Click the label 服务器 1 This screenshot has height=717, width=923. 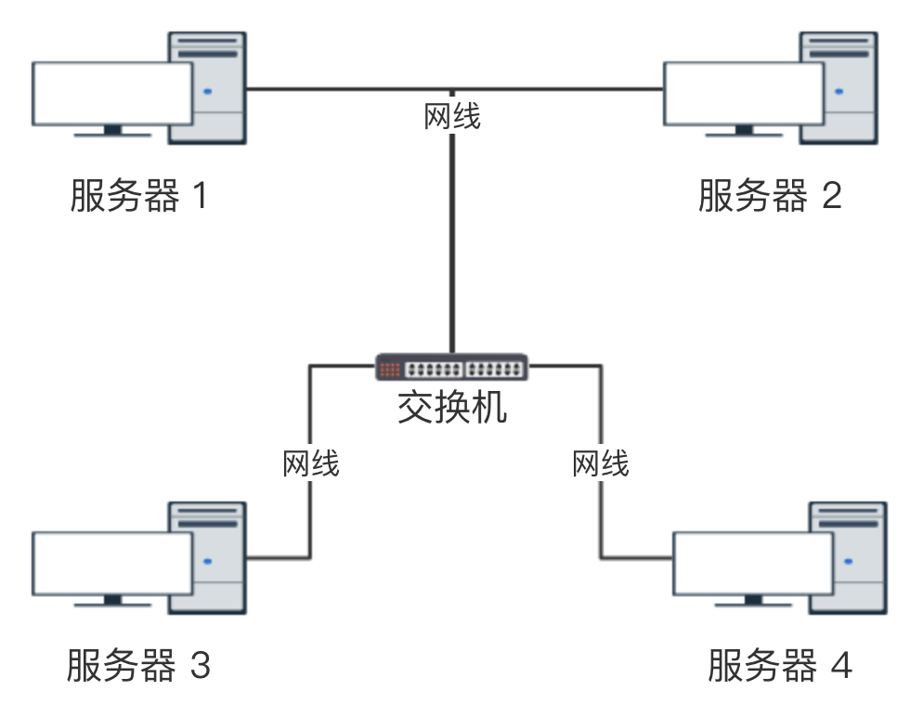(138, 197)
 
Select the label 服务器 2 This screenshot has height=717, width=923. (770, 197)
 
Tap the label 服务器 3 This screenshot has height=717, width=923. (138, 666)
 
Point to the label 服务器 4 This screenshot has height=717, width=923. (779, 666)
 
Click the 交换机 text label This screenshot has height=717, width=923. (452, 407)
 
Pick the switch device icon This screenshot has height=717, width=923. (452, 368)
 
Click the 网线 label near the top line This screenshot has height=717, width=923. (452, 117)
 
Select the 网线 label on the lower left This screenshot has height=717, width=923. (311, 463)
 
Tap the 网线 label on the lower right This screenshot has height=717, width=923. (601, 463)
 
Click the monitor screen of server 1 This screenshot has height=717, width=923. (112, 93)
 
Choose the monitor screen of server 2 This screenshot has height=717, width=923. (744, 93)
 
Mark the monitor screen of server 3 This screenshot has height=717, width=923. (112, 563)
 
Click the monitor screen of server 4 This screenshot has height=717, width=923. (753, 563)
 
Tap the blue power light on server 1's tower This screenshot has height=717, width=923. (207, 92)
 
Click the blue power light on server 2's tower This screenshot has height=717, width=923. (839, 92)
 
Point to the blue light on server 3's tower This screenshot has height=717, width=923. (207, 561)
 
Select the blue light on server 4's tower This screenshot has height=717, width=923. (848, 561)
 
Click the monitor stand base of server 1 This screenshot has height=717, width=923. (112, 134)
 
